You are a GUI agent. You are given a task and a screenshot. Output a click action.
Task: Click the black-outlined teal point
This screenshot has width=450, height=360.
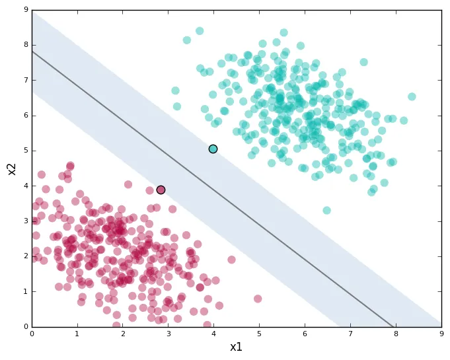(x=213, y=149)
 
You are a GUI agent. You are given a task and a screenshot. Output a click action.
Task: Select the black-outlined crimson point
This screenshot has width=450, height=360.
(x=161, y=190)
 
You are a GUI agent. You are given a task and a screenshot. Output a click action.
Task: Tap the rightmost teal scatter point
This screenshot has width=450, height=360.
(x=412, y=96)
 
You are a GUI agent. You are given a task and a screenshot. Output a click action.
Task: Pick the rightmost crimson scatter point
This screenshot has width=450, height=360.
(x=258, y=299)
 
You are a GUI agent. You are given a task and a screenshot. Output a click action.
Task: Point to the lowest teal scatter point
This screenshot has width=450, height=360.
(x=326, y=211)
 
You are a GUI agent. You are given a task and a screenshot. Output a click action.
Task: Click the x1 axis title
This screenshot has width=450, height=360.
(x=236, y=347)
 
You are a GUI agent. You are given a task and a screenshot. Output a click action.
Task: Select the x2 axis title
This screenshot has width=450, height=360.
(x=11, y=168)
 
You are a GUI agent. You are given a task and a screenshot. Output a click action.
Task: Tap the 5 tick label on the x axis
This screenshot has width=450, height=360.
(x=260, y=334)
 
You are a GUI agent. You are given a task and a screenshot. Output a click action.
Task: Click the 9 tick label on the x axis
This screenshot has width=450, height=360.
(x=441, y=334)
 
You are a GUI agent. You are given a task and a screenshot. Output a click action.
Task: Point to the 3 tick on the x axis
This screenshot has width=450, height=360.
(x=169, y=326)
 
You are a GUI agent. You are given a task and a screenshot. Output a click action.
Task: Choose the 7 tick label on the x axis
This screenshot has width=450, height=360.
(x=351, y=334)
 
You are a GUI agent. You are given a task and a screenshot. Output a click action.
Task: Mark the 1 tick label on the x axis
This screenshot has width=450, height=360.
(x=77, y=334)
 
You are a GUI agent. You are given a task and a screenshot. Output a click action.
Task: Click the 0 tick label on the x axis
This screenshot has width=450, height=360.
(x=32, y=334)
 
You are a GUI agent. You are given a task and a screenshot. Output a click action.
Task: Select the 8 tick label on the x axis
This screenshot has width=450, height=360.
(x=396, y=334)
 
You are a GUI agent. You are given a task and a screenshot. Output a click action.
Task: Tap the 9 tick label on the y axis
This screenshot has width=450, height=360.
(x=25, y=10)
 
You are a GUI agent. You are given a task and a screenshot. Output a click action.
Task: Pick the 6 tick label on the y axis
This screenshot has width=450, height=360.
(x=25, y=116)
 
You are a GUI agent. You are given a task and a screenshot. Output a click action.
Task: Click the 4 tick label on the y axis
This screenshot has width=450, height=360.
(x=25, y=186)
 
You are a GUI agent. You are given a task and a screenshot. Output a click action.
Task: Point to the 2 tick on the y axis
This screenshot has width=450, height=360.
(x=32, y=256)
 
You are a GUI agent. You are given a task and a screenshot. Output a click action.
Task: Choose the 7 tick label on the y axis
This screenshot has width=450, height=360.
(x=25, y=81)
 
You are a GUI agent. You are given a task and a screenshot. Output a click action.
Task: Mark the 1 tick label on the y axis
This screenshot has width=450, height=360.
(x=25, y=291)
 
